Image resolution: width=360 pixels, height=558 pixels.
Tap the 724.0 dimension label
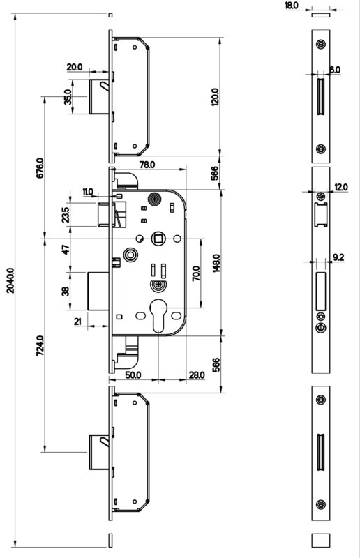pos(40,346)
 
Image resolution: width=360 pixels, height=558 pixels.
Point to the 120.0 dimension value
pos(215,97)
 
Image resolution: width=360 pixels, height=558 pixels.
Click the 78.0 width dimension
pos(147,164)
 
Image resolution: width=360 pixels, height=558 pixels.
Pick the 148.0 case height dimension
pos(216,263)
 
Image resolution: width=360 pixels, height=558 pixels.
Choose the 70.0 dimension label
pos(196,273)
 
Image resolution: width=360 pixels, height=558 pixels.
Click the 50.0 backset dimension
pos(133,375)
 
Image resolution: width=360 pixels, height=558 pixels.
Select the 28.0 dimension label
pos(197,375)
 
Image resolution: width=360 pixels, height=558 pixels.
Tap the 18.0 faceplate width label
pos(292,6)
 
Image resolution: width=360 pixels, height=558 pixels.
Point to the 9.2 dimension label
pos(338,257)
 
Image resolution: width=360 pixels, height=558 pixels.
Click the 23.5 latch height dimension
pos(65,215)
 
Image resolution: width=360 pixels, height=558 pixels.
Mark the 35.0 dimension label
pos(68,96)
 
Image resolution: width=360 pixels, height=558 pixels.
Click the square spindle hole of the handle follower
pos(157,238)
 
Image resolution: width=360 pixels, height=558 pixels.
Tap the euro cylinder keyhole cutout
pos(158,315)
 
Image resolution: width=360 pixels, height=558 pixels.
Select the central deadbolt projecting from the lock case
pos(98,291)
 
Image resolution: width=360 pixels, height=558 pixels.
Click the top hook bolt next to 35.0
pos(99,96)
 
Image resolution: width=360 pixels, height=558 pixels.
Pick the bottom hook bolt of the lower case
pos(99,452)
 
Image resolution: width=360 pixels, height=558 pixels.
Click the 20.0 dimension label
pos(75,66)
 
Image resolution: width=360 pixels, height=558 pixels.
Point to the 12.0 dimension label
pos(341,186)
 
